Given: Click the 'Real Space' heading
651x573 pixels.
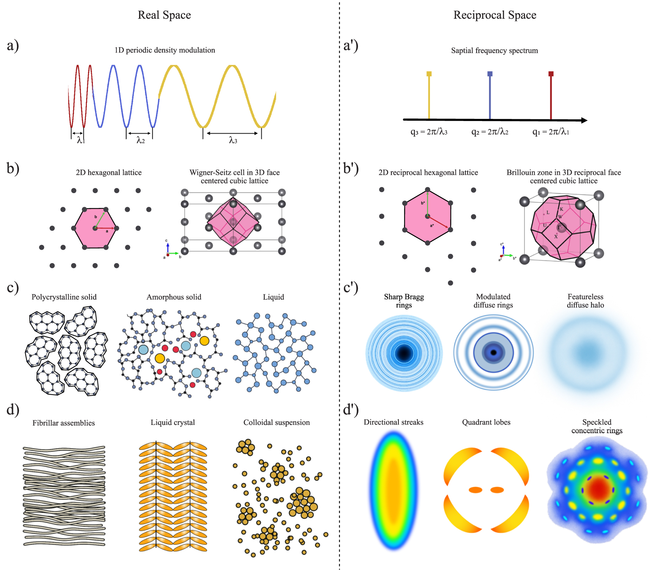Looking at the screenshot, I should coord(164,15).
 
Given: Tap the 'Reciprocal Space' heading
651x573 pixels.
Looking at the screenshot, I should coord(494,15).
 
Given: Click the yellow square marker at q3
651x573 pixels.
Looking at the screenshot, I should coord(429,74).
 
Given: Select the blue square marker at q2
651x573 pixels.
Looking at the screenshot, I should coord(490,74).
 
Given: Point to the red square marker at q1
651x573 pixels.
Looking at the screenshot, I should coord(551,74).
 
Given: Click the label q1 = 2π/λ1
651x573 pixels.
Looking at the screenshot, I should coord(550,132).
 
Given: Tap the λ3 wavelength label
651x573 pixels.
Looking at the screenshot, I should coord(233,140).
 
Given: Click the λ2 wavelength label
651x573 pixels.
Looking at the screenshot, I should coord(140,140).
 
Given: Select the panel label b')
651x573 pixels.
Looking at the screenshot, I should coord(351,168).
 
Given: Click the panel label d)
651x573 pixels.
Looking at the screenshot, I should coord(13,410).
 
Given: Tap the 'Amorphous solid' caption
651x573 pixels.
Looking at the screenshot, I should coord(174,297).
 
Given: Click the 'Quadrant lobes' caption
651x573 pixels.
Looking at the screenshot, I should coord(486,422).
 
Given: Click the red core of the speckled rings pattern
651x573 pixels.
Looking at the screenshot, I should coord(598,489).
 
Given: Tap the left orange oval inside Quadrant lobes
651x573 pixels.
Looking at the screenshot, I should coord(475,490).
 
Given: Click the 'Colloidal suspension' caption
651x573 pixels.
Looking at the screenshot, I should coord(277,422).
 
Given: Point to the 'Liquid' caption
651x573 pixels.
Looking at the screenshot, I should coord(273,297).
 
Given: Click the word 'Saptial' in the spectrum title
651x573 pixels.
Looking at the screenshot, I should coord(462,50).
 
